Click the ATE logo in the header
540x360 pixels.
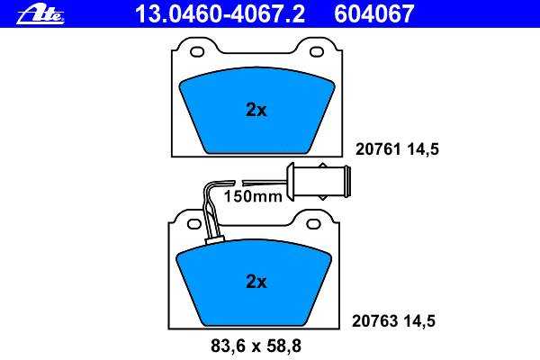[x=40, y=14]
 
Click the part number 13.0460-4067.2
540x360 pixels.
[x=220, y=13]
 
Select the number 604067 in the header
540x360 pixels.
[x=373, y=13]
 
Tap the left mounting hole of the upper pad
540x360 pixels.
[x=197, y=52]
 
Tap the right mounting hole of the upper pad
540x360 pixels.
[x=317, y=52]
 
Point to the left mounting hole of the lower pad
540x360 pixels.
[x=193, y=224]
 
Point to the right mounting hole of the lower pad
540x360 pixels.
[x=313, y=224]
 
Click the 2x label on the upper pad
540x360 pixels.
[x=256, y=110]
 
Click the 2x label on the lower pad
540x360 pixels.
[x=256, y=282]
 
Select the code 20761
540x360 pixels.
[x=378, y=149]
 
